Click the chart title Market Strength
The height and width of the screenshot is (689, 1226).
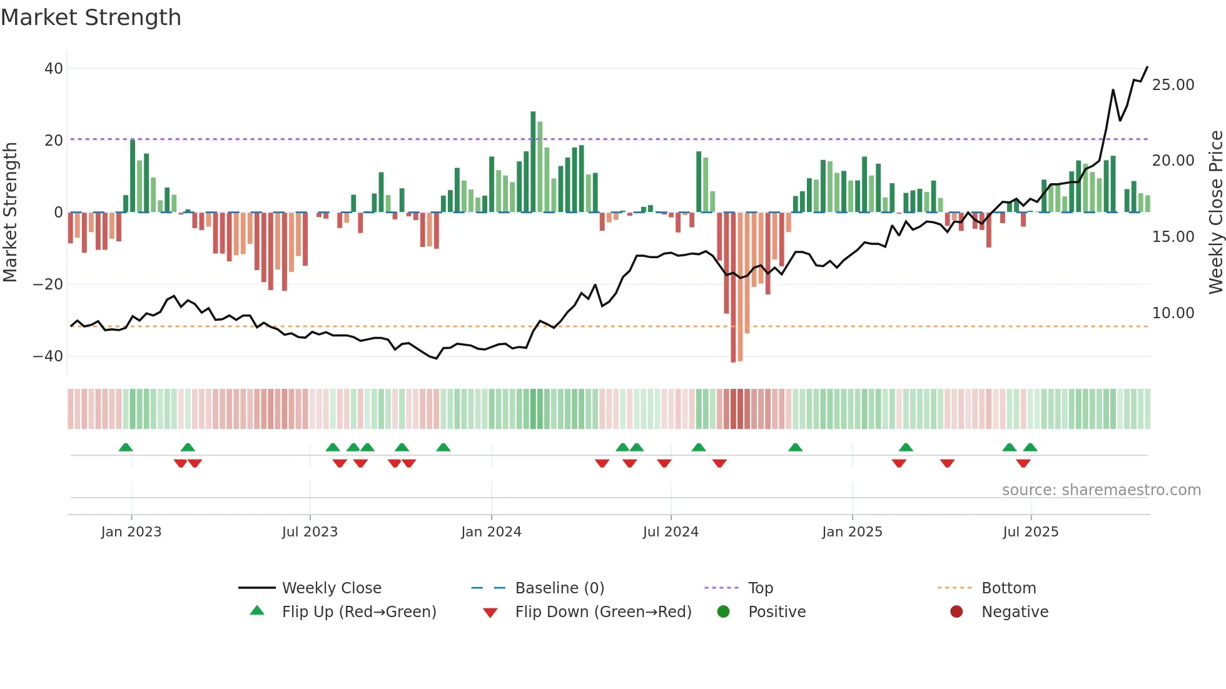tap(91, 18)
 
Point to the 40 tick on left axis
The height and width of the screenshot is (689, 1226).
tap(54, 69)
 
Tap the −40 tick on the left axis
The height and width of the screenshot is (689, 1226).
tap(48, 356)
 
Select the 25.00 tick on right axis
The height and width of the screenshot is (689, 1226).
tap(1173, 85)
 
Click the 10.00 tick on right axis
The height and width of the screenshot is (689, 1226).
tap(1173, 313)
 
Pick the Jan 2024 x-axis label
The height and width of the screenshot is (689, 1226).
tap(491, 532)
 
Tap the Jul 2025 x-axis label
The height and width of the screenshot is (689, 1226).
tap(1030, 532)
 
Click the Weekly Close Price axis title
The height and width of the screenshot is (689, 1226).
tap(1215, 213)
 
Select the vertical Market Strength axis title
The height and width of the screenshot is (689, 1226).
tap(10, 213)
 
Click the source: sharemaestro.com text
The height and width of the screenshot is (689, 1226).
tap(1101, 490)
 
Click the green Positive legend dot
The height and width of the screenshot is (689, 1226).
tap(724, 611)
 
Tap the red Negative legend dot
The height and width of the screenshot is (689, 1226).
tap(956, 611)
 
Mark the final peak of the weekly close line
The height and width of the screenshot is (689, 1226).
tap(1147, 67)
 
